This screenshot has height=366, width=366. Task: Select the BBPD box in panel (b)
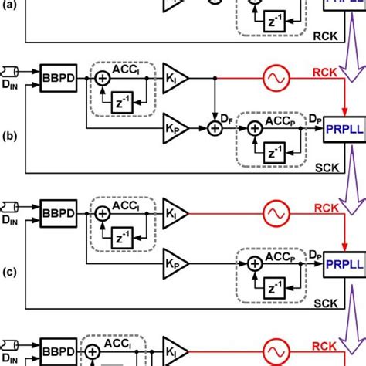pos(53,79)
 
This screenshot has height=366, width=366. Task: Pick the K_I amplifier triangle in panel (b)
pos(175,78)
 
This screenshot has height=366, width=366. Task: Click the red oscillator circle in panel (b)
pos(274,78)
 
